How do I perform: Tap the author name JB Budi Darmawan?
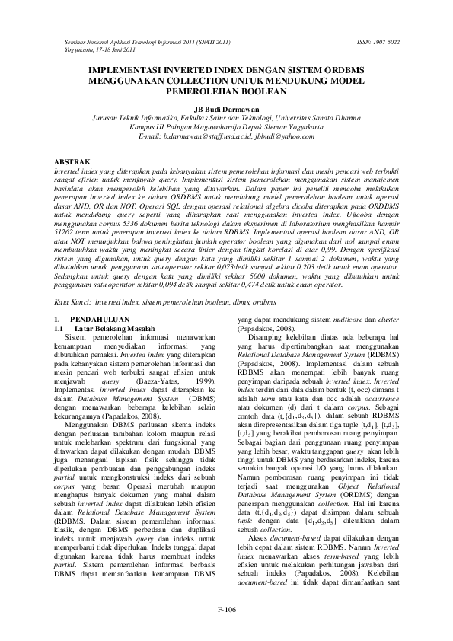click(226, 109)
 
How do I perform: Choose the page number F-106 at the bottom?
click(227, 608)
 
